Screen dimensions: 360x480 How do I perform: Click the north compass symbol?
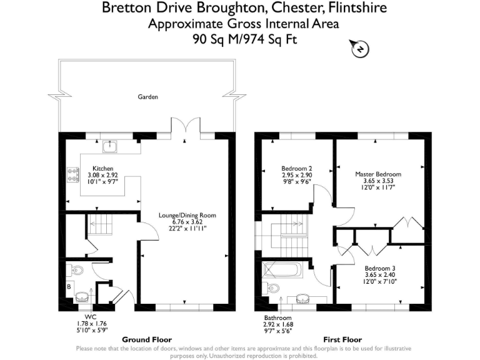point(359,49)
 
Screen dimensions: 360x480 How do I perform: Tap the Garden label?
point(148,97)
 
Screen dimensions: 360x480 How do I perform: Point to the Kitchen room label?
point(102,169)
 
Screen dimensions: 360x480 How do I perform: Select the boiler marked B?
point(69,289)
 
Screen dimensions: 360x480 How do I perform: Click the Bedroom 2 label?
point(297,169)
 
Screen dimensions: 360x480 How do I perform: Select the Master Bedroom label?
point(378,174)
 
